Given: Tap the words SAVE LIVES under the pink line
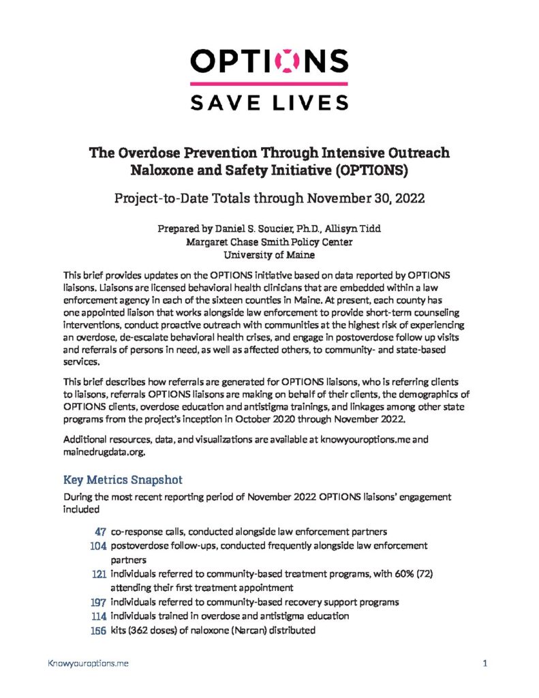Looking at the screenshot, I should [x=269, y=102].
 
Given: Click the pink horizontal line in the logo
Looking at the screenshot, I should [x=269, y=83].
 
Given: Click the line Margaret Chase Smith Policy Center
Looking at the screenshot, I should [x=269, y=243].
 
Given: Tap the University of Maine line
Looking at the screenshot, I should [x=269, y=256].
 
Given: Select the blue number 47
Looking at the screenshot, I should [x=99, y=532].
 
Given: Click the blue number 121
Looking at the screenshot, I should [x=97, y=574].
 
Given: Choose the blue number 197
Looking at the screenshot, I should [x=97, y=603].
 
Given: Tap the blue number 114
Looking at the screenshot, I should [x=97, y=616].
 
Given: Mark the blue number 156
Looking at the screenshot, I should [x=97, y=631].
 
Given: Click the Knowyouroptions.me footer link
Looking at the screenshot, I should [x=87, y=662].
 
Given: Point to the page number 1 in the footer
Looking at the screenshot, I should [x=484, y=662].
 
